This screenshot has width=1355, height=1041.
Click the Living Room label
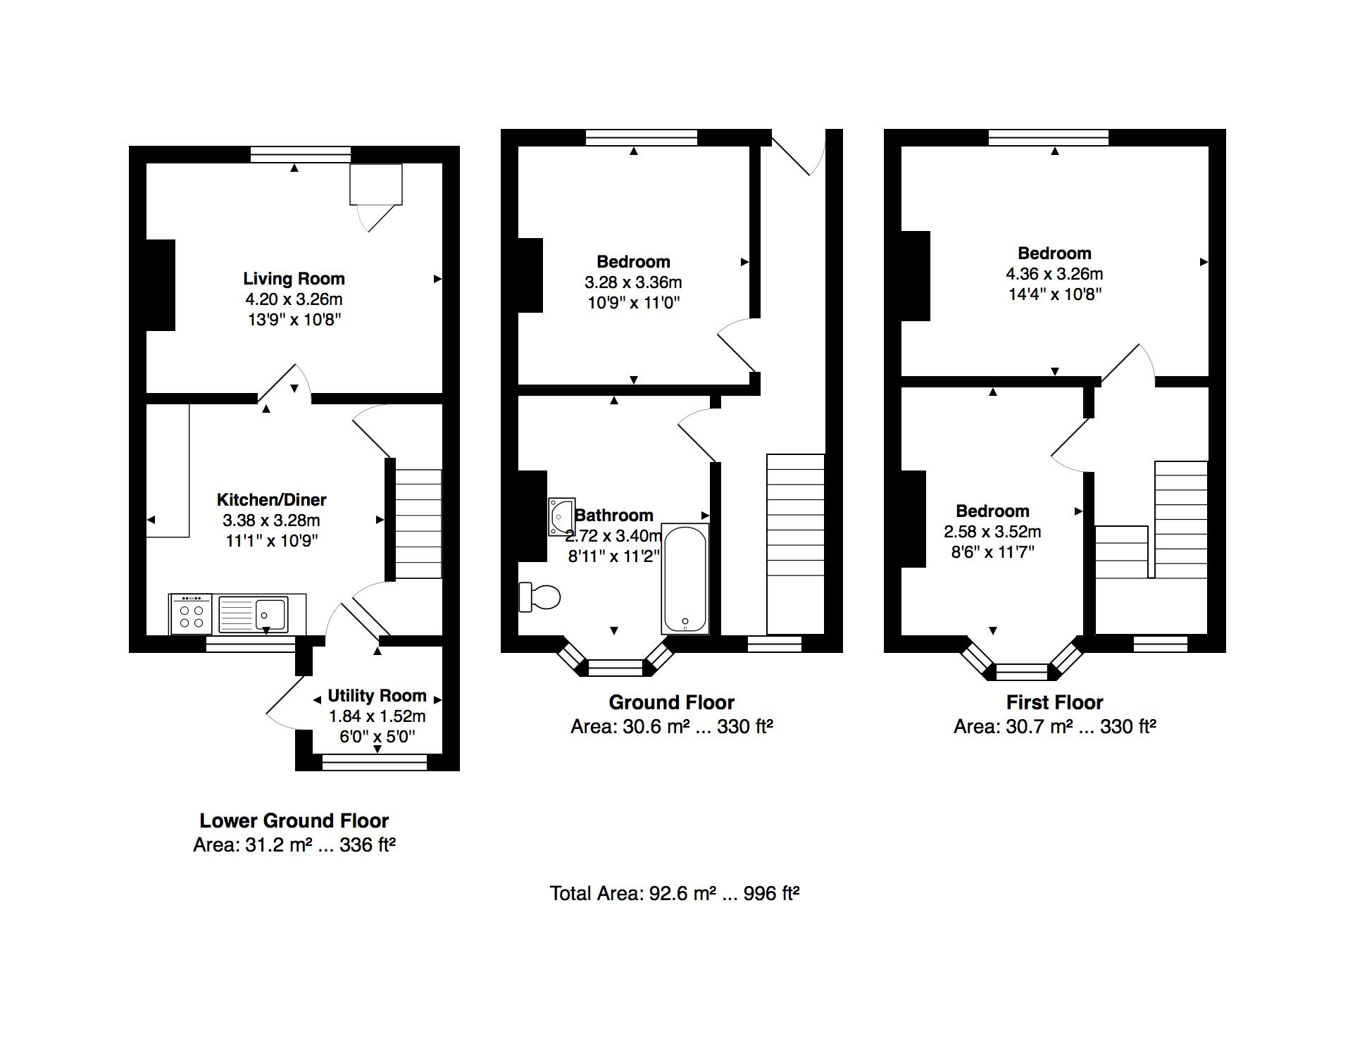[294, 279]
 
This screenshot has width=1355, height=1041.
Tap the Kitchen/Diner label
[271, 500]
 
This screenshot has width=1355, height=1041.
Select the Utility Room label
[377, 696]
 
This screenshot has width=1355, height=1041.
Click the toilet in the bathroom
[539, 597]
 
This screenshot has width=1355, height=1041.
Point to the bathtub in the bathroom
[685, 578]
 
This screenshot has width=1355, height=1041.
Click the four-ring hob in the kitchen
[192, 613]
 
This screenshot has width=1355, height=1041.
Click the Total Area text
[674, 894]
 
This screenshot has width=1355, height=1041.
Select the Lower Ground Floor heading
[294, 821]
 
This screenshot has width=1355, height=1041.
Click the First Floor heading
[1054, 702]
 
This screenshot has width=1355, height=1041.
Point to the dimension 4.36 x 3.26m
[1054, 274]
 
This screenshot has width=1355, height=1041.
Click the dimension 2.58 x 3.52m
[992, 532]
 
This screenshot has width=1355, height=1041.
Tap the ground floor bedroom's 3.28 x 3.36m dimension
[633, 282]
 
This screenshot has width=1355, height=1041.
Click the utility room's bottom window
[375, 762]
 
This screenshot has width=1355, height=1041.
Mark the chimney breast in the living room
[161, 285]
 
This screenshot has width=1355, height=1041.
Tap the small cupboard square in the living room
[376, 184]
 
